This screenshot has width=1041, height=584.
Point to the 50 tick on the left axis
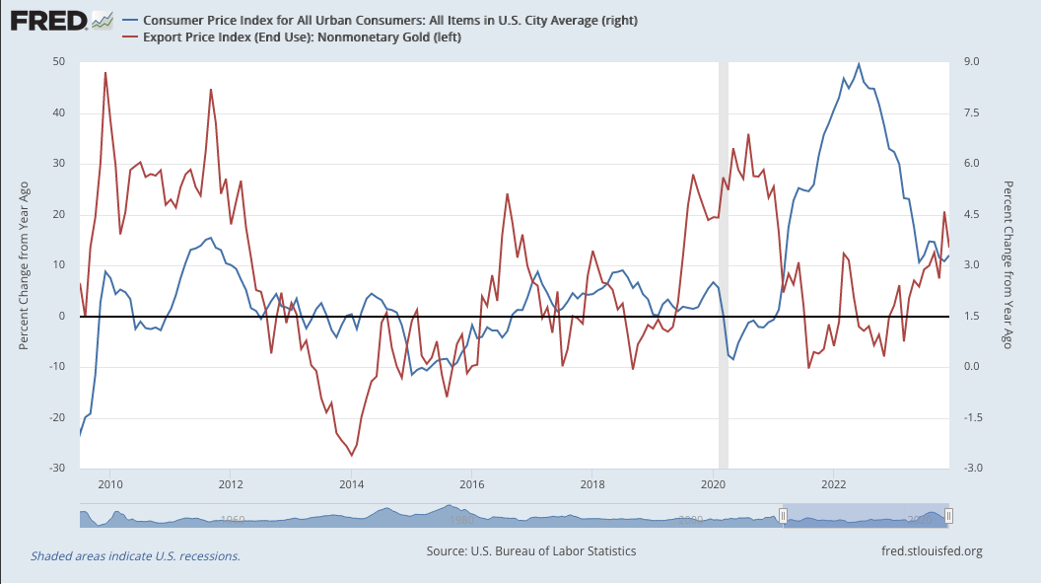pyautogui.click(x=58, y=62)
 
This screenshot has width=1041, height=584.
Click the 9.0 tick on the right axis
pyautogui.click(x=971, y=62)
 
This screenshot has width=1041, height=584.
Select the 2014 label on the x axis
pyautogui.click(x=351, y=484)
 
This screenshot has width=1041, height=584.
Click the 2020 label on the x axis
pyautogui.click(x=713, y=484)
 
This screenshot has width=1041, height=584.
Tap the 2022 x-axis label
pyautogui.click(x=834, y=484)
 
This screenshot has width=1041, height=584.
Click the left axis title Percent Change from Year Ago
pyautogui.click(x=25, y=264)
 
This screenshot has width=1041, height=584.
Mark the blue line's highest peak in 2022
pyautogui.click(x=859, y=64)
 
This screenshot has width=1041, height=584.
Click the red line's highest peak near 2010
pyautogui.click(x=105, y=73)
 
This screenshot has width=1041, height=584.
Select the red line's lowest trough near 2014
pyautogui.click(x=351, y=455)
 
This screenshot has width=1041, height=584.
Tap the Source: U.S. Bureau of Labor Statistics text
pyautogui.click(x=531, y=551)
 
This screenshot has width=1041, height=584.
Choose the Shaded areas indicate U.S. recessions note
pyautogui.click(x=135, y=556)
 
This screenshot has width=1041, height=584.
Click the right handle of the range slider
pyautogui.click(x=948, y=516)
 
